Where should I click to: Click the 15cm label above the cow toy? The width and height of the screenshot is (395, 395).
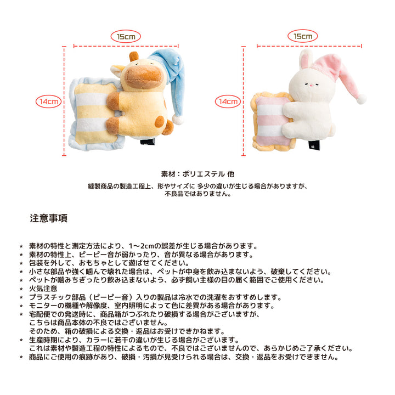coord(126,37)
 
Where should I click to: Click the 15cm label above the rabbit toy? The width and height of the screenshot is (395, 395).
coord(302,36)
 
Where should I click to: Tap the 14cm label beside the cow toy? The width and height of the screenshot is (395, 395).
coord(49,101)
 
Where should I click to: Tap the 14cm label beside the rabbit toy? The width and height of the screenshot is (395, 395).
coord(228,101)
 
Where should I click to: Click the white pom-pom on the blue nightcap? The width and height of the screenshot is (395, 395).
coord(178,119)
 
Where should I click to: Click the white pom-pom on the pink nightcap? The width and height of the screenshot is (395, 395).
coord(362,99)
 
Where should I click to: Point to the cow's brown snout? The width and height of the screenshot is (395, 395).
coord(144,76)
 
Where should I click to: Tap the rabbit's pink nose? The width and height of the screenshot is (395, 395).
coord(312,86)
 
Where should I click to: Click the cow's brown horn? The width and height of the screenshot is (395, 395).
coord(134,56)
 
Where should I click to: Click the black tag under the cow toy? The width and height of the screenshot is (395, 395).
coord(148,142)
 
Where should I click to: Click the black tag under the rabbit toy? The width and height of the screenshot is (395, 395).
coord(314,145)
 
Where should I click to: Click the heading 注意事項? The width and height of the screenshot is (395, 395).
coord(49,218)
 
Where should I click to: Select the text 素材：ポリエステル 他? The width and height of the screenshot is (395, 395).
coord(198,174)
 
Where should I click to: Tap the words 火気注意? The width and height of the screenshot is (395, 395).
coord(43,289)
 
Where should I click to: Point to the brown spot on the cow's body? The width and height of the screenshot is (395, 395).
coord(160,122)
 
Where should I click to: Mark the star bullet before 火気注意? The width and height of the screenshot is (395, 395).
coord(21,289)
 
